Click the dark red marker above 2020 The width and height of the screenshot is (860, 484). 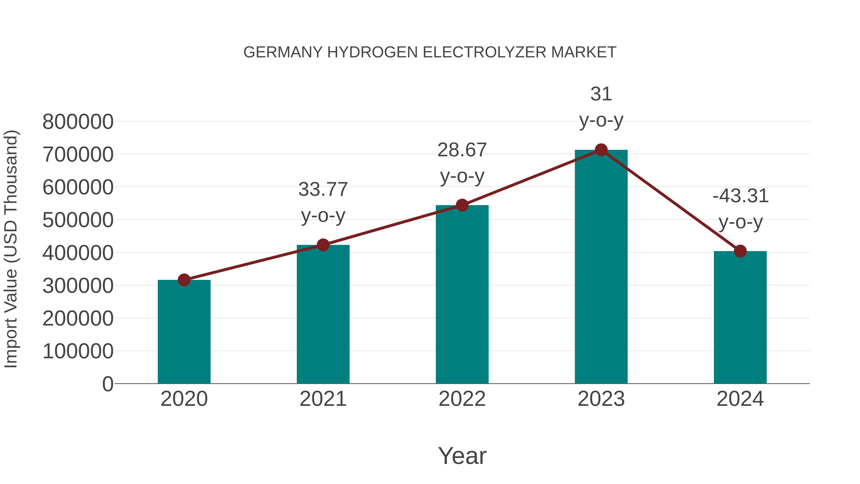184,280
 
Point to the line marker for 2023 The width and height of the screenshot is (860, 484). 601,150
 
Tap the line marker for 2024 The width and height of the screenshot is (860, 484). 740,251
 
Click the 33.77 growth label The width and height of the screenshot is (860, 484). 323,189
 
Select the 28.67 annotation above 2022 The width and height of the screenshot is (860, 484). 462,150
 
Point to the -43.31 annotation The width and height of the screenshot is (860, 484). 740,196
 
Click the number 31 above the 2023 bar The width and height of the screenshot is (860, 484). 601,94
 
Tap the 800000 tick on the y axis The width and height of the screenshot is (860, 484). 78,122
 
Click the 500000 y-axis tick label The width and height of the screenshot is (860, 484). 78,220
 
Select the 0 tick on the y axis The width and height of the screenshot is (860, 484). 107,384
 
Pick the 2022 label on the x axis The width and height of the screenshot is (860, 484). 462,399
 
